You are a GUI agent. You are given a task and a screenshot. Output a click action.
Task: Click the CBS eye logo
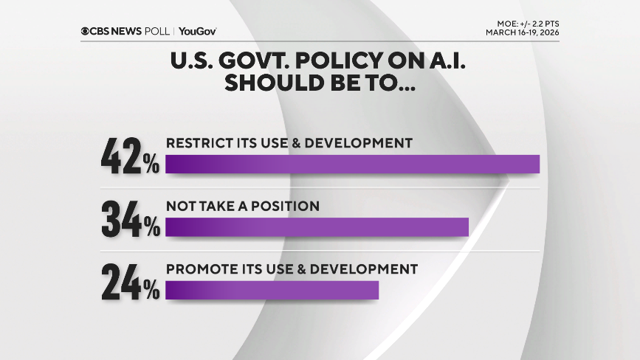[x=86, y=32]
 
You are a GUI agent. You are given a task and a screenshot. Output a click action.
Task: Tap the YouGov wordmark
[x=197, y=32]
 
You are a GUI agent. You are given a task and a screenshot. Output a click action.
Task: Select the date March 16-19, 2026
[x=522, y=32]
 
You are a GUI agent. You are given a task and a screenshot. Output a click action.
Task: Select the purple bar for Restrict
[x=352, y=164]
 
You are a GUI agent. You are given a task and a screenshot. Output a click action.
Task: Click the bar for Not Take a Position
[x=317, y=227]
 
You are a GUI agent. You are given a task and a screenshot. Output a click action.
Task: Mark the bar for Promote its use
[x=272, y=290]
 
